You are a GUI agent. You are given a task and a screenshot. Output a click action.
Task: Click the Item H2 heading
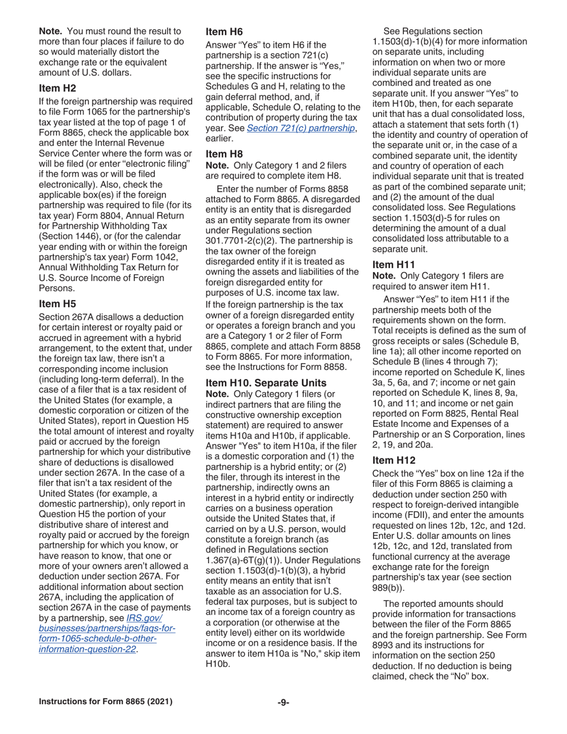tap(57, 88)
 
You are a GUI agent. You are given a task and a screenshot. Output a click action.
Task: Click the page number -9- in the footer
tap(283, 703)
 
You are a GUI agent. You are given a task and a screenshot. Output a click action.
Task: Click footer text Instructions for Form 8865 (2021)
tap(98, 703)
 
